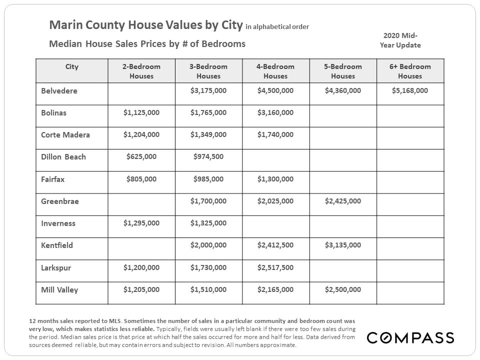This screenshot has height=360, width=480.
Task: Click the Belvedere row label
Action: (x=59, y=91)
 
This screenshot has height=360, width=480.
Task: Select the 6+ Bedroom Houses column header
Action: (x=410, y=71)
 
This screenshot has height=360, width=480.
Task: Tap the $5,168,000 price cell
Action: (x=410, y=91)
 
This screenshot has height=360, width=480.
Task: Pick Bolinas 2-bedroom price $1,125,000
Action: (x=141, y=113)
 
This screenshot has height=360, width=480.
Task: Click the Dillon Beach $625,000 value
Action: (x=141, y=157)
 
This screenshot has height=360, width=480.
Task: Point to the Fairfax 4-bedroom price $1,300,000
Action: (x=275, y=179)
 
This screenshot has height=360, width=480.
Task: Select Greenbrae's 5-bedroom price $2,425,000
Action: (x=342, y=201)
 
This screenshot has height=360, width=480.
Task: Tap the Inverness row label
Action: (x=58, y=223)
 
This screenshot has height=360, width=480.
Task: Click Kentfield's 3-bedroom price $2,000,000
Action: (x=208, y=245)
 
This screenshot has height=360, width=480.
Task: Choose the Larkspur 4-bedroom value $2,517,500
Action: (x=275, y=267)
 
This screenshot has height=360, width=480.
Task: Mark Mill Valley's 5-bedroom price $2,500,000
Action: (x=342, y=289)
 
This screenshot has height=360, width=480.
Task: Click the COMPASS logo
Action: (x=410, y=338)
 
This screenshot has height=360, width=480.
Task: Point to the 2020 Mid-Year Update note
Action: (x=400, y=40)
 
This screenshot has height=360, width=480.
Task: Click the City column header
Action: (x=72, y=66)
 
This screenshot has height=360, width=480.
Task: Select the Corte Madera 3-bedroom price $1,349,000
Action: (x=208, y=135)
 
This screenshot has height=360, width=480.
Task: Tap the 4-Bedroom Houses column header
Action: (x=275, y=71)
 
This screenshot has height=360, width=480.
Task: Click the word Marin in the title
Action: (x=63, y=25)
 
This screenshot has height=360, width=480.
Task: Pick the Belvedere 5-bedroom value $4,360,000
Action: (x=342, y=91)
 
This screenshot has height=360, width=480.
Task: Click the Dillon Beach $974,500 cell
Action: (x=208, y=157)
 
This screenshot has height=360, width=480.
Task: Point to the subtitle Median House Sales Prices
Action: (x=107, y=44)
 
